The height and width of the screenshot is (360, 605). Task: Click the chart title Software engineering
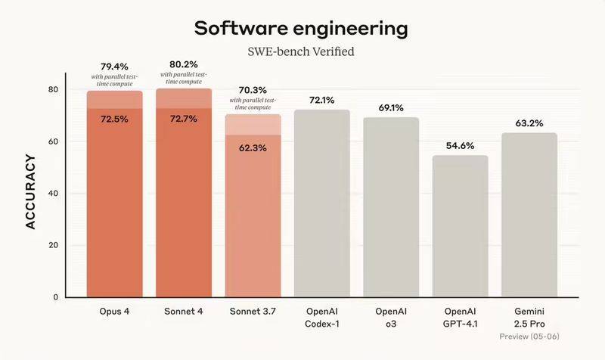301,29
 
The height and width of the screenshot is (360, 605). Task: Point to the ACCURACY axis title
31,193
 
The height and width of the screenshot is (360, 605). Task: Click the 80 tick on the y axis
54,90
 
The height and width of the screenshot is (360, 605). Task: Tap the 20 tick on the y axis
54,245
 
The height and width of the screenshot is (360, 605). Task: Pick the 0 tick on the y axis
57,297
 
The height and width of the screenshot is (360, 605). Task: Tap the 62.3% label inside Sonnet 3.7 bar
253,147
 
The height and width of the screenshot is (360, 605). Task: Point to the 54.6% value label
460,145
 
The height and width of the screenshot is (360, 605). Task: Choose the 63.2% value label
529,123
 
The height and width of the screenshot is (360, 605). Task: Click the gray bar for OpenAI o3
391,208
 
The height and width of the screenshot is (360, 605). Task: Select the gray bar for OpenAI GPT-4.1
460,227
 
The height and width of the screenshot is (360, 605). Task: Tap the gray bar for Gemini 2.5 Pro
529,216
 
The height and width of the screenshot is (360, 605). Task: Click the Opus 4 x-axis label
114,312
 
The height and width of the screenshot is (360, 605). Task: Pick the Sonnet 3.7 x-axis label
253,312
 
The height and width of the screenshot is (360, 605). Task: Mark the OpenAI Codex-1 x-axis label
322,318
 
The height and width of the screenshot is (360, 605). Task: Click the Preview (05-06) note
529,336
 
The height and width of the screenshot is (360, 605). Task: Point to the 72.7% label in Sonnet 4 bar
184,119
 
